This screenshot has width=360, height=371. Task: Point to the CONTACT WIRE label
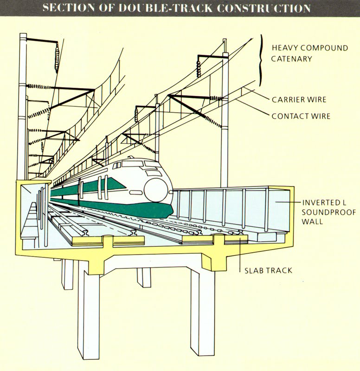pos(301,116)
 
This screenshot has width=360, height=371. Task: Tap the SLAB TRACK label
pos(269,270)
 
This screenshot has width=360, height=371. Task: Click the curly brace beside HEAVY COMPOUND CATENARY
pos(261,60)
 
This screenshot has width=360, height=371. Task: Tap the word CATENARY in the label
pos(292,59)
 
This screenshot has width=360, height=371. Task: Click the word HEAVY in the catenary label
pos(283,48)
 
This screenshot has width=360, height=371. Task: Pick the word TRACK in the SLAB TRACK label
pos(279,270)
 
